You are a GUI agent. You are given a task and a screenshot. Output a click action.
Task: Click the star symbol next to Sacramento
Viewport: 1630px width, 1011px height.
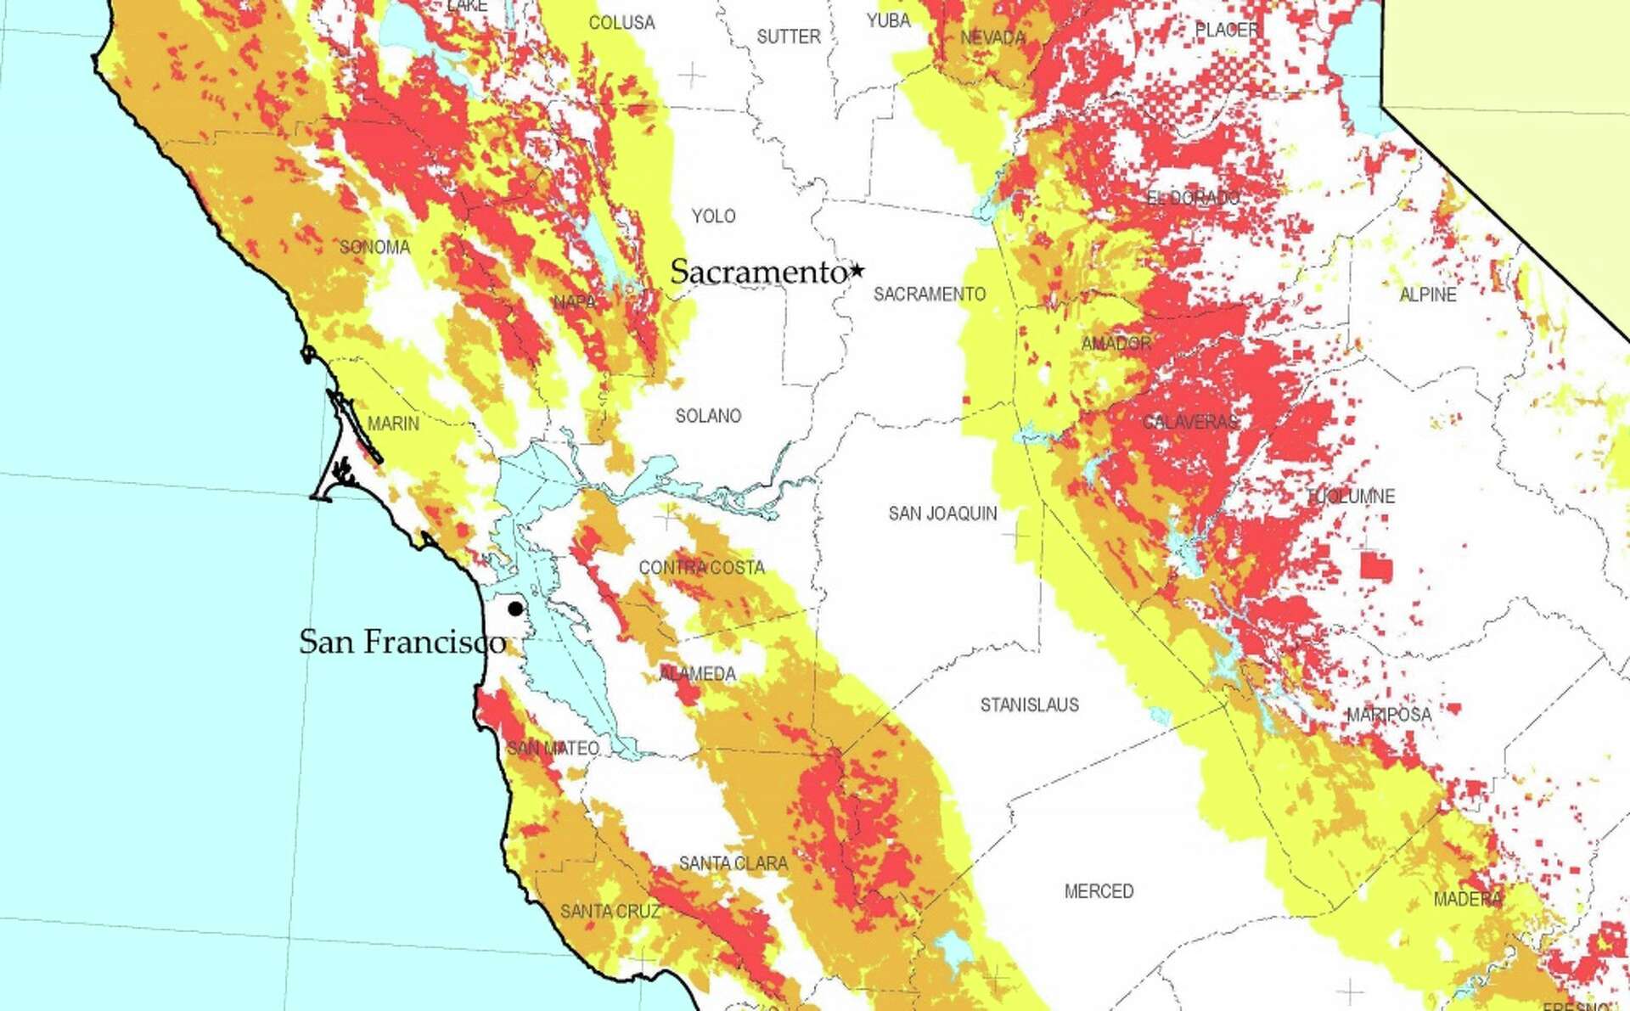[857, 271]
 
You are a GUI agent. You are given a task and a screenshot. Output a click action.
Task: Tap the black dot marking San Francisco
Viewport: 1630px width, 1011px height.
[515, 609]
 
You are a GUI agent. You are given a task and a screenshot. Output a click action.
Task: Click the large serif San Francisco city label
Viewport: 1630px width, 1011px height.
[402, 642]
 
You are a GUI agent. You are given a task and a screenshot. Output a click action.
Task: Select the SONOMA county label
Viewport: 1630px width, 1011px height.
[374, 247]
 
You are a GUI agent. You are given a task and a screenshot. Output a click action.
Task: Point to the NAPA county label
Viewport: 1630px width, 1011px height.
[575, 302]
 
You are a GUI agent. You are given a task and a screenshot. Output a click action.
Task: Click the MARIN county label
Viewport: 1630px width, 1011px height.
[393, 423]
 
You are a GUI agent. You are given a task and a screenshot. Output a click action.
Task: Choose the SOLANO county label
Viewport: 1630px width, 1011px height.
[708, 416]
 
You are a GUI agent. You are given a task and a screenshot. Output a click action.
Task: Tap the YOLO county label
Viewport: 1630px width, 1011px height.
[713, 216]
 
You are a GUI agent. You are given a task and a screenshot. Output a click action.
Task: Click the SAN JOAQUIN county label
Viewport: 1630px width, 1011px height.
[942, 514]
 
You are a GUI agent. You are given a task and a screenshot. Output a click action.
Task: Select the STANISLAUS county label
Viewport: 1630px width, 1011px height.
[1029, 705]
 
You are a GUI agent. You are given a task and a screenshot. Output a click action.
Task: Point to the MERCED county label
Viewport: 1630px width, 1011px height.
[1099, 891]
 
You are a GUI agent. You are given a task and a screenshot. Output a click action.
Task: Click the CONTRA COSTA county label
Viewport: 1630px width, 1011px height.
[701, 567]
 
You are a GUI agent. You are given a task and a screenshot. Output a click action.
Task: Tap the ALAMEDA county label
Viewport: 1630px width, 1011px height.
[697, 674]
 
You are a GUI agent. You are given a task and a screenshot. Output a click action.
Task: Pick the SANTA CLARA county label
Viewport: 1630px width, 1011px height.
[733, 863]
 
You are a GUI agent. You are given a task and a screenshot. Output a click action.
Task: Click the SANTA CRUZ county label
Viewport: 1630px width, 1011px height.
[610, 911]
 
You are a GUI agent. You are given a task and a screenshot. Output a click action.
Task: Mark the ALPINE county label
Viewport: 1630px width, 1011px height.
[1427, 295]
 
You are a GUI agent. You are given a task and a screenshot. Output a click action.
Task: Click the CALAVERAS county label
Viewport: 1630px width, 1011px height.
[1189, 422]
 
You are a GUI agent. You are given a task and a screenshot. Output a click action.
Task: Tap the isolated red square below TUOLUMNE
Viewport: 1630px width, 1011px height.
[1376, 566]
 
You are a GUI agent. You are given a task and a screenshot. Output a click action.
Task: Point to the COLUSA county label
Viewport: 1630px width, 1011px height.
[621, 23]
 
